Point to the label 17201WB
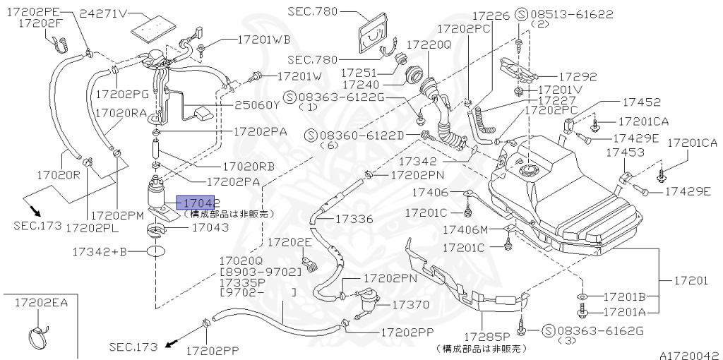click(x=265, y=40)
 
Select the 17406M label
click(x=465, y=229)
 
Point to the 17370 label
click(x=410, y=305)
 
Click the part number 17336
click(x=354, y=220)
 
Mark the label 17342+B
click(x=100, y=251)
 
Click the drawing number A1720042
click(x=690, y=355)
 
